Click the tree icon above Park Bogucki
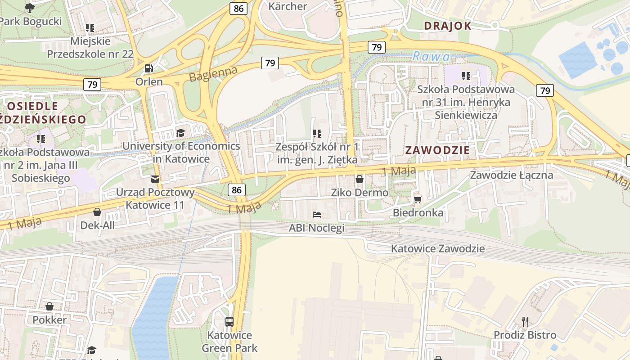point(30,7)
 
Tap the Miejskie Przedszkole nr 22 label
point(90,47)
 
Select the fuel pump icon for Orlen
point(148,68)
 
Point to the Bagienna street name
point(213,74)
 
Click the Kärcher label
point(288,6)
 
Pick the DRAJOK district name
point(447,26)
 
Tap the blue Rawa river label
point(431,56)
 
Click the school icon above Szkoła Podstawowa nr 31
point(466,76)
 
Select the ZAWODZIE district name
point(437,150)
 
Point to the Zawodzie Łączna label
point(511,175)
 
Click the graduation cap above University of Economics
point(180,133)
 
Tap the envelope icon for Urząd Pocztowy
point(155,179)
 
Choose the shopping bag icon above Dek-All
point(97,212)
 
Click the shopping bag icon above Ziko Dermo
point(359,179)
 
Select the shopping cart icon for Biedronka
point(418,199)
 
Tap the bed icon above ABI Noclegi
point(317,215)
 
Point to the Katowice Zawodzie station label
point(437,248)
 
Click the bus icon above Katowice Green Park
point(229,321)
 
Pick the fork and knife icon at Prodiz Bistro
point(525,321)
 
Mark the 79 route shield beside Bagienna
point(270,63)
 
